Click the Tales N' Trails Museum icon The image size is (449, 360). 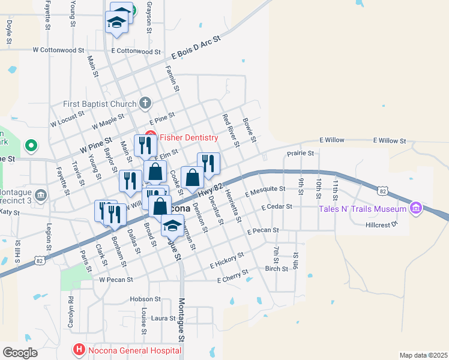click(x=415, y=209)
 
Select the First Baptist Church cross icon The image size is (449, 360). click(x=145, y=104)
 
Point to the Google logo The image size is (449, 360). click(x=20, y=352)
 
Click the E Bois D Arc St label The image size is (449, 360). click(x=196, y=47)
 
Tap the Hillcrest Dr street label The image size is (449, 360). click(x=382, y=225)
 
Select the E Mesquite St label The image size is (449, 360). click(x=265, y=192)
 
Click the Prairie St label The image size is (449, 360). click(x=301, y=154)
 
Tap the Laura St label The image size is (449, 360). click(x=163, y=318)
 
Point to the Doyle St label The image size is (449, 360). click(x=9, y=32)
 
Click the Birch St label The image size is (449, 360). click(x=277, y=269)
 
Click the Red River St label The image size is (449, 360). click(x=231, y=131)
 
